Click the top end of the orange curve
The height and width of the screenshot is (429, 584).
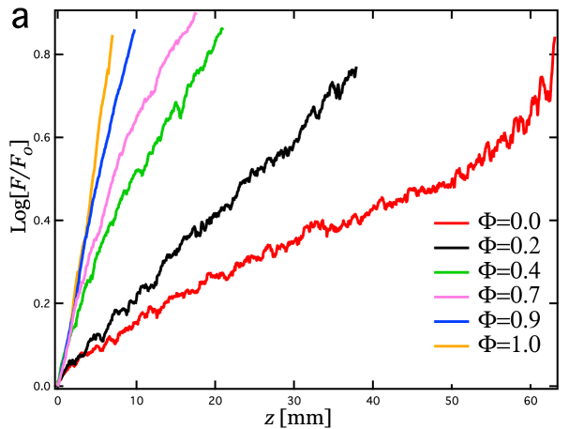pyautogui.click(x=112, y=36)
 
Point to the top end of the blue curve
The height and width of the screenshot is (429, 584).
pyautogui.click(x=135, y=29)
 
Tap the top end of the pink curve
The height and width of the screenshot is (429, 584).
pyautogui.click(x=196, y=13)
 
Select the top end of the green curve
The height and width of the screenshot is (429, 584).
pyautogui.click(x=223, y=28)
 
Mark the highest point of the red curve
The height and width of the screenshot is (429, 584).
pyautogui.click(x=555, y=38)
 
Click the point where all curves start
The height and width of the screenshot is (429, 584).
pyautogui.click(x=58, y=384)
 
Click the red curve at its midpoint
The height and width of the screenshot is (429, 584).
pyautogui.click(x=309, y=227)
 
